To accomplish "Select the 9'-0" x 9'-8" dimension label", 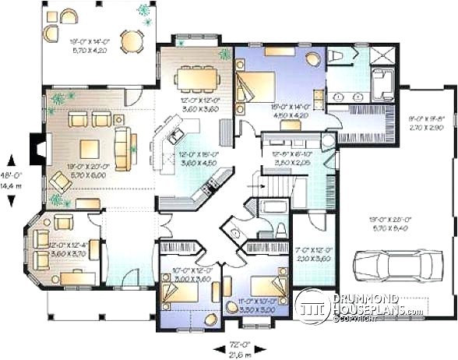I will (428, 122).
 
